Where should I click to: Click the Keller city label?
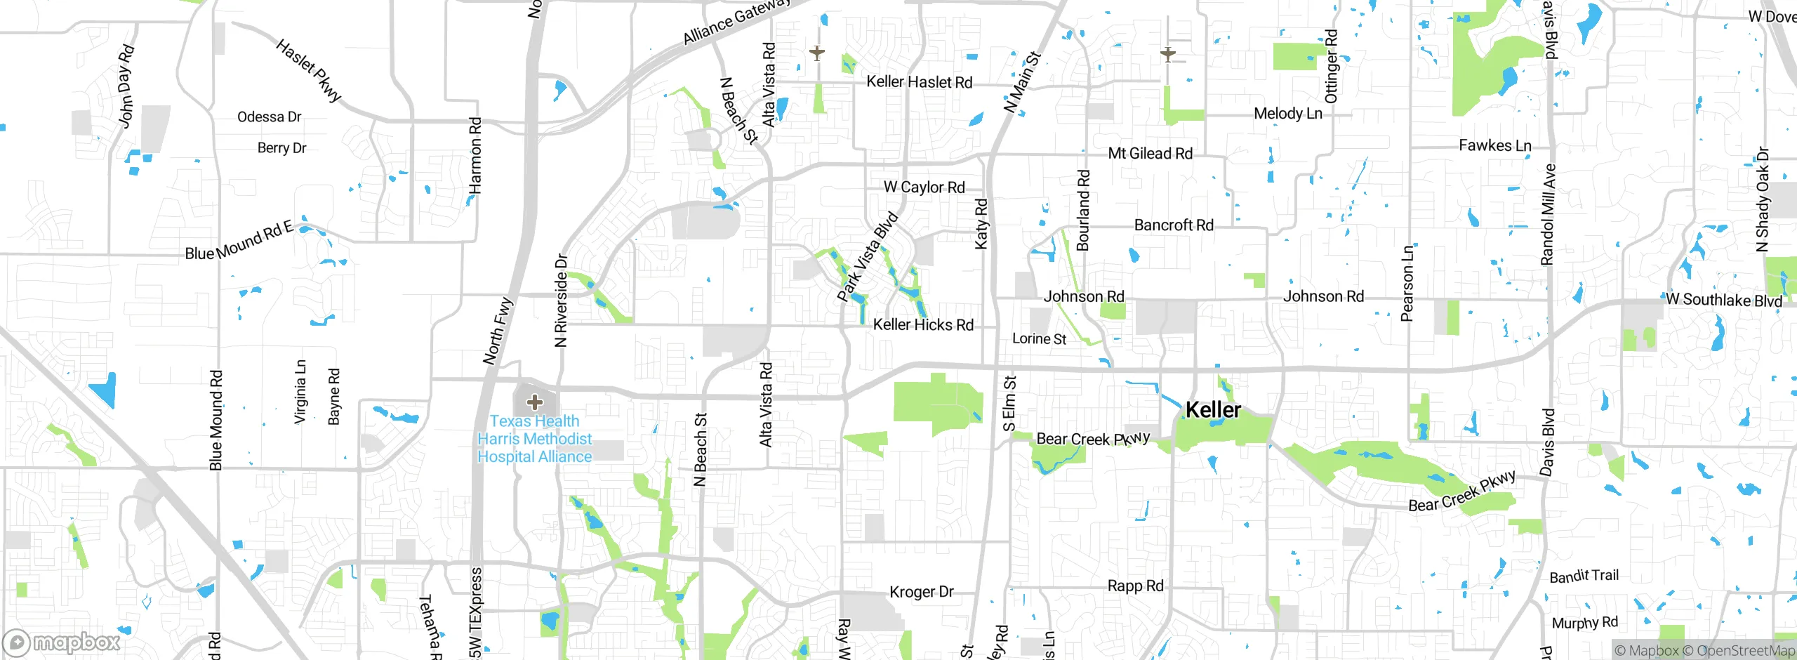[1213, 409]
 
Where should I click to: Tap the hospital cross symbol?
[535, 402]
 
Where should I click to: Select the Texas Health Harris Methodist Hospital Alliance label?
[535, 439]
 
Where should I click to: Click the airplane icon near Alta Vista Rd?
[816, 53]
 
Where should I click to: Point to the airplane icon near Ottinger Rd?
[1168, 53]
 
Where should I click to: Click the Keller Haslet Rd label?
[919, 82]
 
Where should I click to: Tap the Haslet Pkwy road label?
[309, 70]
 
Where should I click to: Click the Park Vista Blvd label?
[868, 257]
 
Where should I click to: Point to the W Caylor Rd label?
[924, 187]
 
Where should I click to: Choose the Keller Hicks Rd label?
[923, 325]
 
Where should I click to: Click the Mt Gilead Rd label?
[1150, 154]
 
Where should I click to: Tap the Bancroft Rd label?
[1174, 225]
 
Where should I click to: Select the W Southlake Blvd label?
[1724, 300]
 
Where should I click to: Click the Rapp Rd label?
[1135, 586]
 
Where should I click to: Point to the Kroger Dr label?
[921, 592]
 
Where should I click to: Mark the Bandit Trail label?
[1584, 576]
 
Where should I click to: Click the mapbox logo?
[62, 642]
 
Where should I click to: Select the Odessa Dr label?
[269, 117]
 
